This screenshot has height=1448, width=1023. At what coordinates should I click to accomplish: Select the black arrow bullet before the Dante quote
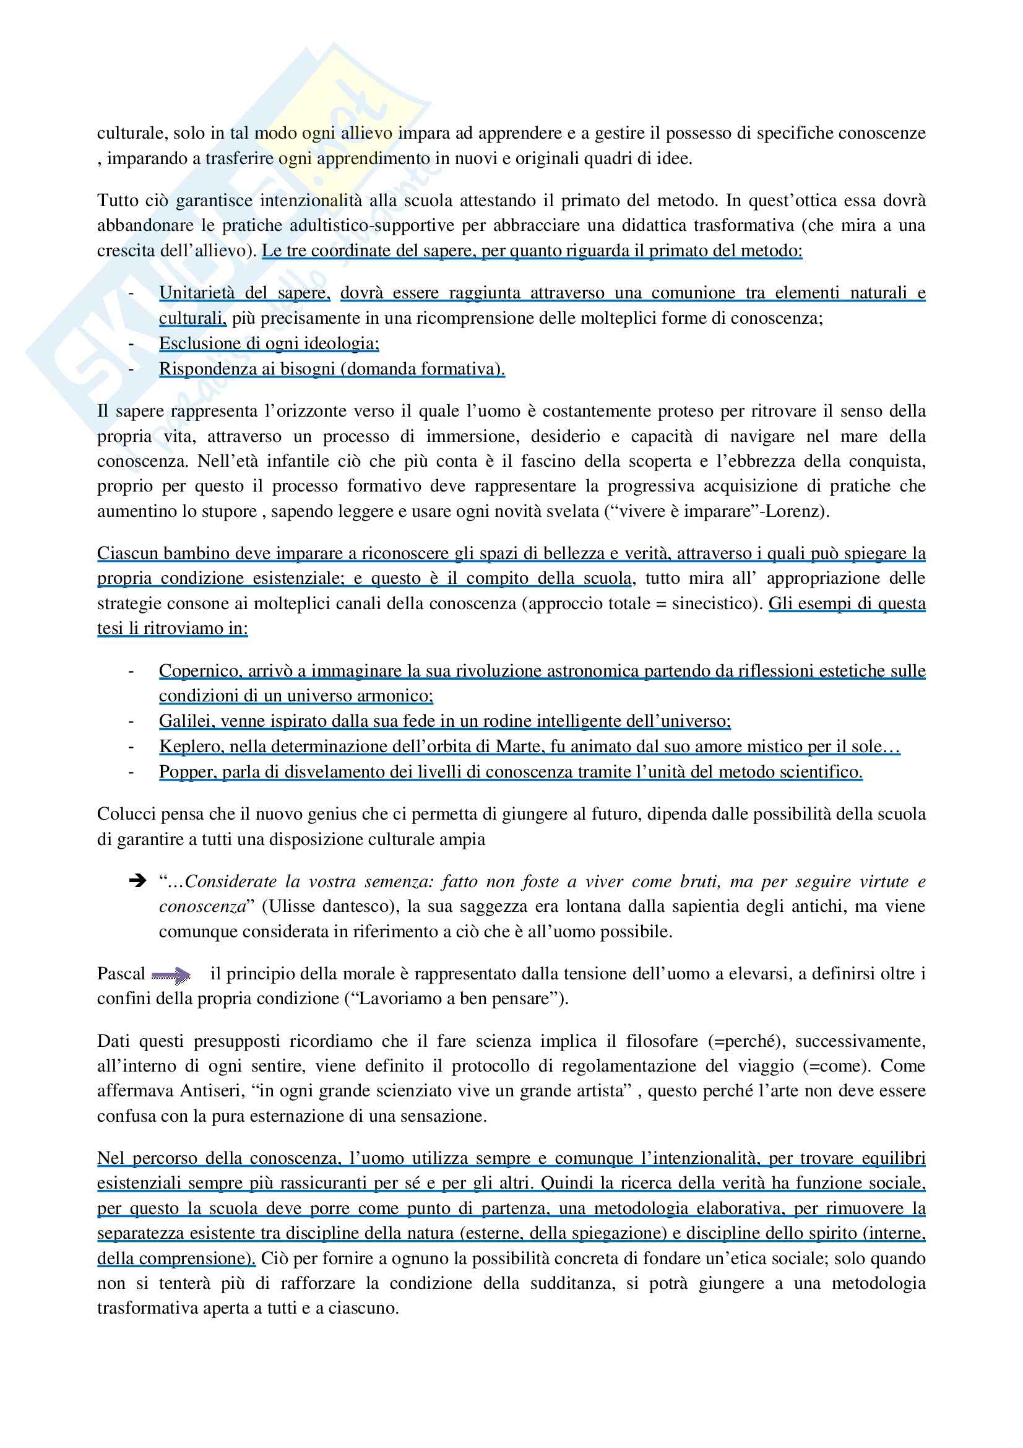coord(137,881)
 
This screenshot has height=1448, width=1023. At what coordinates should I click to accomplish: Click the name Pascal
coord(121,974)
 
